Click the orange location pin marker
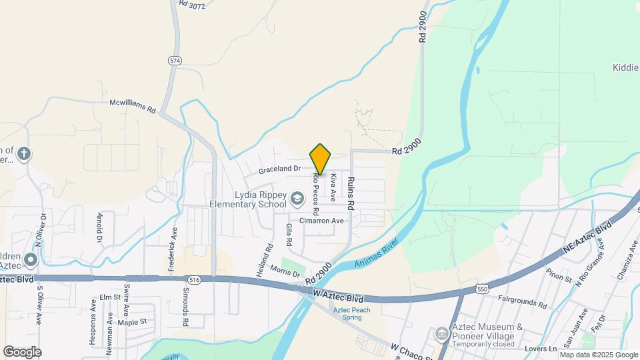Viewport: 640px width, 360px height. [320, 159]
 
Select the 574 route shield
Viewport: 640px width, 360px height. [175, 60]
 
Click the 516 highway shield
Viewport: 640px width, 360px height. [194, 280]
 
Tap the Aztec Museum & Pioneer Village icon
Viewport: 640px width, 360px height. [441, 333]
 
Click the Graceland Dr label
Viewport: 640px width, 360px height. [281, 169]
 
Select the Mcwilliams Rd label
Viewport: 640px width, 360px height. [132, 105]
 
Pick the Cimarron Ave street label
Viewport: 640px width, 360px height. [321, 221]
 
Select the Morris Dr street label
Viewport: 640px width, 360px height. [286, 271]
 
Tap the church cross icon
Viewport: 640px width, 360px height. [24, 154]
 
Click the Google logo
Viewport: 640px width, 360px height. [22, 351]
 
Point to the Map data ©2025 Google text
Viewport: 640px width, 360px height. [599, 355]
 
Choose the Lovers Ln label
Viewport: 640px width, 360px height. [541, 349]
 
